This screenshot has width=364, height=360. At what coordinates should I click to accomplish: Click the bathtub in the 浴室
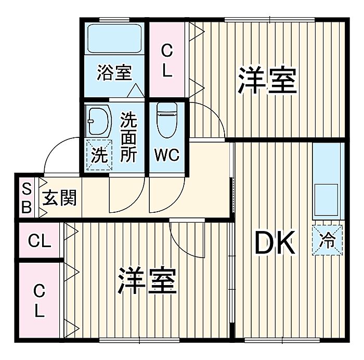[114, 38]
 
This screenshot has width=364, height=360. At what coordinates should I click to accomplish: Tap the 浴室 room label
[114, 72]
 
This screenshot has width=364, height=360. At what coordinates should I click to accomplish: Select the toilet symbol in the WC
[167, 120]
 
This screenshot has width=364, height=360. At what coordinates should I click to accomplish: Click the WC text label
[167, 155]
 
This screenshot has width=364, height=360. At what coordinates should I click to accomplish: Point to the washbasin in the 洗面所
[98, 121]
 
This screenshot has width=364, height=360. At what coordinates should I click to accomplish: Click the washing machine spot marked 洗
[99, 155]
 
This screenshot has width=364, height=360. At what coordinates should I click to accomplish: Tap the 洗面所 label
[128, 137]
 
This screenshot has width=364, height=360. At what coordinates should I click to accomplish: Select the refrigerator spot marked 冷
[327, 240]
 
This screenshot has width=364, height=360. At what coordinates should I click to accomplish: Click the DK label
[275, 243]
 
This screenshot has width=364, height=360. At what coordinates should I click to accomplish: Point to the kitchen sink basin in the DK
[326, 200]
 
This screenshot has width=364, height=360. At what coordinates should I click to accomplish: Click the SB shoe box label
[27, 198]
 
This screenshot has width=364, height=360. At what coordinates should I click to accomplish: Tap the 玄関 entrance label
[59, 198]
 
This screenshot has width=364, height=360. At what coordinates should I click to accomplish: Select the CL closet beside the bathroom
[167, 60]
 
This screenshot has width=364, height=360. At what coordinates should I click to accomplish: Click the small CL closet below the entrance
[39, 240]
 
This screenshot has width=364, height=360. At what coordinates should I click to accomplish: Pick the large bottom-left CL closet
[39, 300]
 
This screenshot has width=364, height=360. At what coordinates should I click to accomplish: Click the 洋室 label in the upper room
[267, 80]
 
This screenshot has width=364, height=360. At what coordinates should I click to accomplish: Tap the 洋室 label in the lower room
[147, 280]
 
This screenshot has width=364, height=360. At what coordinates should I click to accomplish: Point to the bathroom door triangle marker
[136, 91]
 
